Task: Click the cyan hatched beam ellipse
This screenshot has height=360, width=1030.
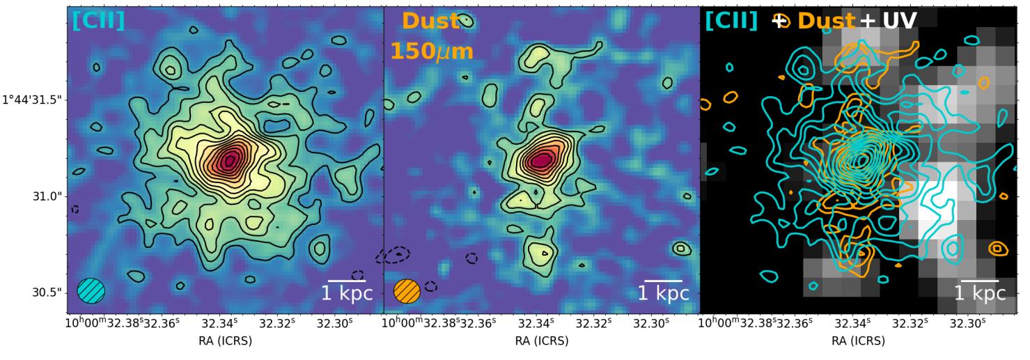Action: (x=91, y=290)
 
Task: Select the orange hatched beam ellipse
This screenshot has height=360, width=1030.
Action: (x=407, y=290)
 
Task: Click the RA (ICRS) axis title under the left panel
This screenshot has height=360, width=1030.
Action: (x=225, y=342)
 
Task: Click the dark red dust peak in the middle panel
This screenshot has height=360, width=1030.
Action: (x=543, y=160)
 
